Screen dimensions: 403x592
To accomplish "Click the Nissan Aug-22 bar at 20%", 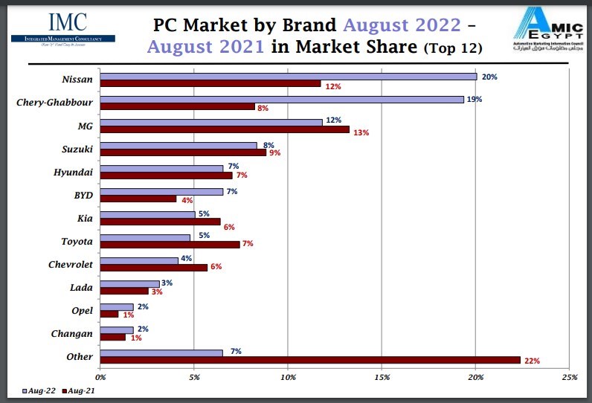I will pos(289,77).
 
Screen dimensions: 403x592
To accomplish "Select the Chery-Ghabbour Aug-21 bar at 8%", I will pos(178,107).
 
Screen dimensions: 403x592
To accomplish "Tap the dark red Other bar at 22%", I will pos(310,360).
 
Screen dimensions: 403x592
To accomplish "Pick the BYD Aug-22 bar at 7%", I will pos(161,192).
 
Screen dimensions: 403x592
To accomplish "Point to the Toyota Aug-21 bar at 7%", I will pos(170,245).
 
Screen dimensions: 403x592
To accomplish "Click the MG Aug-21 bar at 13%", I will pos(225,130).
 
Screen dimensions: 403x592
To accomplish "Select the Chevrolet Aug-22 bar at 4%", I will pos(139,260).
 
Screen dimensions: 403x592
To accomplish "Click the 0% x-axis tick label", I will pos(100,376).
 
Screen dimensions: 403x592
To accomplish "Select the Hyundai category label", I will pos(73,173).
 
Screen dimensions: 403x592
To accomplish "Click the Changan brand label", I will pos(72,334).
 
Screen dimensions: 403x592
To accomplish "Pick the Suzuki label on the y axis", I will pos(77,149).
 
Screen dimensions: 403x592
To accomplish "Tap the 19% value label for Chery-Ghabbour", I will pos(473,100).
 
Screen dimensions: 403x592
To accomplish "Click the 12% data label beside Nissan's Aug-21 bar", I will pos(332,87).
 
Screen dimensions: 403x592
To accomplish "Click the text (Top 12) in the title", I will pos(453,50).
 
